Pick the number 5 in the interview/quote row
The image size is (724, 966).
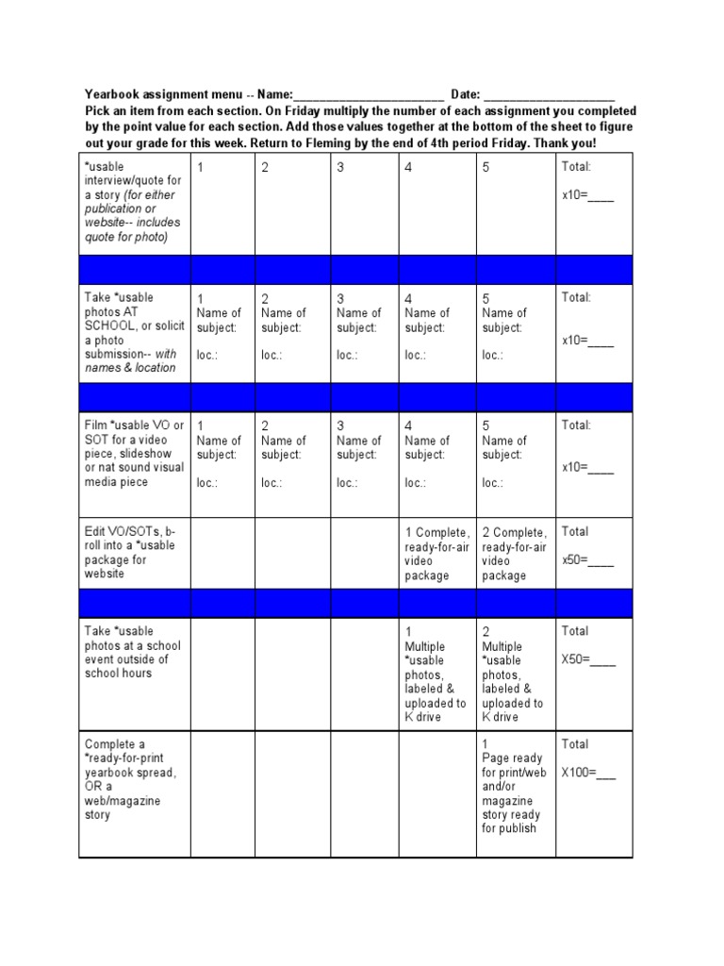[485, 168]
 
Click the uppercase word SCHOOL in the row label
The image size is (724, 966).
[110, 325]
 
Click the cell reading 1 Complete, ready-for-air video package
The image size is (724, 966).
[436, 554]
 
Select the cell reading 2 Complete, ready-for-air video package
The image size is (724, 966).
[514, 554]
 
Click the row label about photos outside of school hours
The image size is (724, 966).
[131, 652]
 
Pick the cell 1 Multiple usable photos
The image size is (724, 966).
[435, 674]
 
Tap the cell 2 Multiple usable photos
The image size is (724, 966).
[513, 674]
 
